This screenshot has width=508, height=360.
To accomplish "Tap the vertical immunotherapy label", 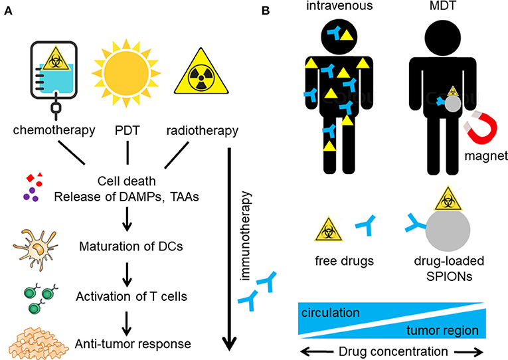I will pos(248,233).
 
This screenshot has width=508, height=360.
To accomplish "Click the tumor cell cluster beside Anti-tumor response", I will pos(38,341).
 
